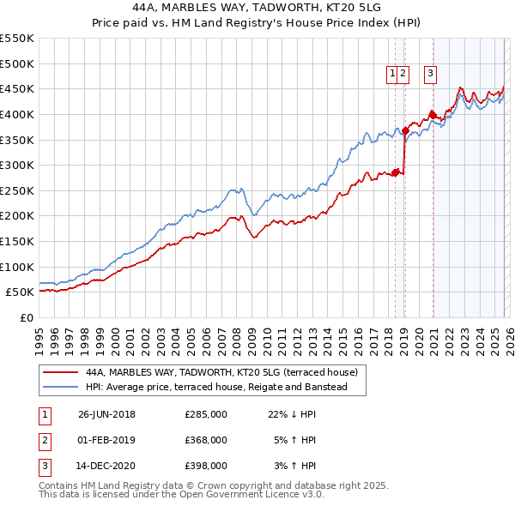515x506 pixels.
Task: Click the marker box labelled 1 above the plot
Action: click(x=392, y=75)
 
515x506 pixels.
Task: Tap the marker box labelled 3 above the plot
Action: click(x=429, y=75)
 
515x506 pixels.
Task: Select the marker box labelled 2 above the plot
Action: click(x=403, y=75)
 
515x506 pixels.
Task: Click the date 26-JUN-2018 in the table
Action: click(x=106, y=414)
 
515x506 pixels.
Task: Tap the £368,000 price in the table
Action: click(x=206, y=440)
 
